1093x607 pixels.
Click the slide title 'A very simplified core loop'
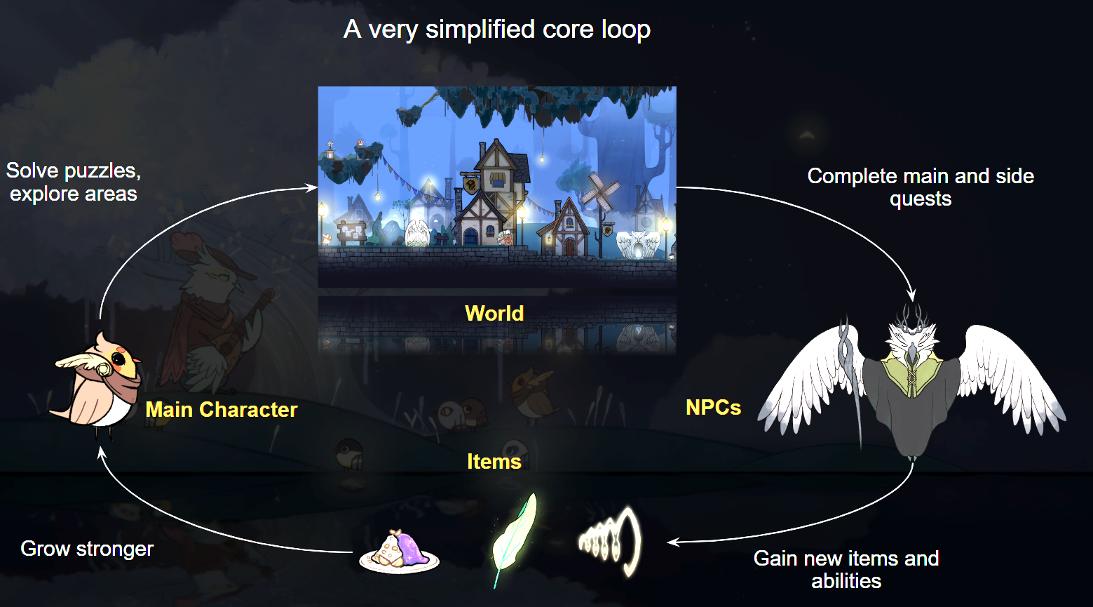[x=497, y=29]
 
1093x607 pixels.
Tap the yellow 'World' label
[x=494, y=313]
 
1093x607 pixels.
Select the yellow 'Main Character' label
[x=222, y=409]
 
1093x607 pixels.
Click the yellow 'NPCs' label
[x=713, y=407]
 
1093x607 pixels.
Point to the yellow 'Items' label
[x=494, y=461]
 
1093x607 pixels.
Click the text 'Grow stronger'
[x=87, y=548]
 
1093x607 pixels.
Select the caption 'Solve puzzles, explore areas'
[x=74, y=182]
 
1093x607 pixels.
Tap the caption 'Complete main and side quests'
[x=921, y=187]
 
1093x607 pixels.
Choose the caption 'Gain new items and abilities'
[x=846, y=569]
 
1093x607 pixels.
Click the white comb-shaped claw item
[x=610, y=541]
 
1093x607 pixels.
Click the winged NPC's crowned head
[x=909, y=333]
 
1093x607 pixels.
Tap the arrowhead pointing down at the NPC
[x=912, y=295]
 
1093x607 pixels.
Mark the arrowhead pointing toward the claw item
[x=672, y=542]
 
